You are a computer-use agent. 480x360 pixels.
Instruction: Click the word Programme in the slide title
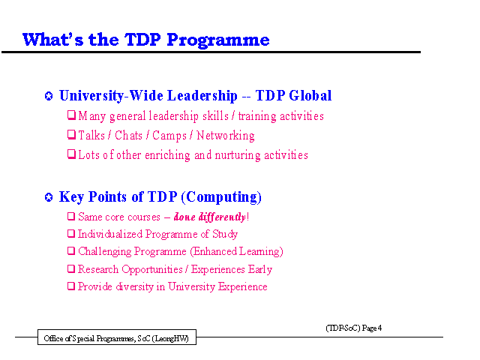tap(218, 40)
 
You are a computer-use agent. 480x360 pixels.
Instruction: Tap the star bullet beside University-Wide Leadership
tap(49, 96)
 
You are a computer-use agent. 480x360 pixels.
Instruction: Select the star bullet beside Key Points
tap(49, 197)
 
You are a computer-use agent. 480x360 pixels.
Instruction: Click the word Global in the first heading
tap(310, 95)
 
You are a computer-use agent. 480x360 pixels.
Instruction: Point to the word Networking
tap(226, 136)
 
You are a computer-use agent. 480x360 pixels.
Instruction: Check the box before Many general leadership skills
tap(71, 115)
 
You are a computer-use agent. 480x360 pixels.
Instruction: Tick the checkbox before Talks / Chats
tap(71, 134)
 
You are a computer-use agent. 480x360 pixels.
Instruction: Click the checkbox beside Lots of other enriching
tap(71, 154)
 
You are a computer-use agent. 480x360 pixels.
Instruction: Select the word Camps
tap(169, 136)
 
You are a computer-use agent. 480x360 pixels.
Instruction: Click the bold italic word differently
tap(222, 217)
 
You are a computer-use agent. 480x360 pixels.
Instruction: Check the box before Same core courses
tap(71, 217)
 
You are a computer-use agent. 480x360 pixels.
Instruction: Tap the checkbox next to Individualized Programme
tap(71, 233)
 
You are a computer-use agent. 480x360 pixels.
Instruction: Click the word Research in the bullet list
tap(98, 269)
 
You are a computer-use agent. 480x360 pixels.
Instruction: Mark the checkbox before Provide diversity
tap(71, 286)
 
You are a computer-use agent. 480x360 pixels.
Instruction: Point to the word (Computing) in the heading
tap(221, 196)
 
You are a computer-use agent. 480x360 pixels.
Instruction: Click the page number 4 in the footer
tap(379, 328)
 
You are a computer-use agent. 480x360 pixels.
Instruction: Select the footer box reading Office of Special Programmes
tap(117, 337)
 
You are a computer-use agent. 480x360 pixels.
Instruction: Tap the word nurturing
tap(238, 155)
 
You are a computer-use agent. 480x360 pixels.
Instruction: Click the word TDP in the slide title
tap(142, 40)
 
